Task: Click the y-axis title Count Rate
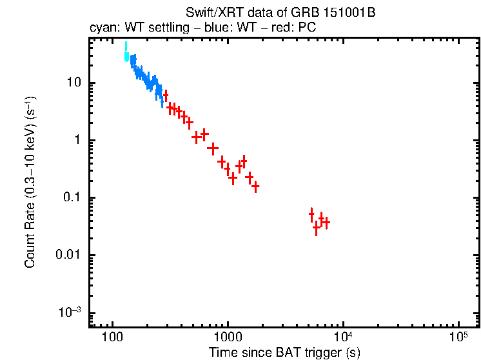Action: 30,183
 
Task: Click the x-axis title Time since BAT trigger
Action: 284,352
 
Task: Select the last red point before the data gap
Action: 256,186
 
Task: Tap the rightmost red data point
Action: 326,223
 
